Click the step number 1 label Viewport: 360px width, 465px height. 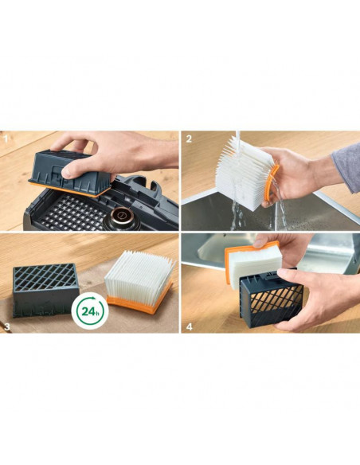point(5,139)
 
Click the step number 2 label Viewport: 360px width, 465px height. point(189,139)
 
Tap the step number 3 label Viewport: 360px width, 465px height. point(7,326)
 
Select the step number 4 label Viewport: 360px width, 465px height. point(190,326)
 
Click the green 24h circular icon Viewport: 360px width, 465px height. point(90,311)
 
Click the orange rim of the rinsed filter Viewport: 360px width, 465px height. point(271,185)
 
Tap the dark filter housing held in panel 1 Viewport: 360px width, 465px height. point(71,173)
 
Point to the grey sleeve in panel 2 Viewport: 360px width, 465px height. point(346,166)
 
